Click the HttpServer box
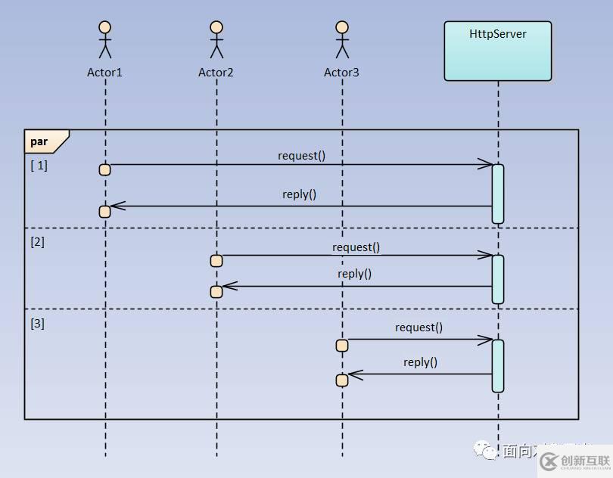tap(497, 51)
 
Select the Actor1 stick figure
tap(105, 39)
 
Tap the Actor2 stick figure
tap(216, 39)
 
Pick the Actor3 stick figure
tap(342, 39)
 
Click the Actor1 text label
tap(104, 73)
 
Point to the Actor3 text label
tap(341, 73)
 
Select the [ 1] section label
tap(39, 166)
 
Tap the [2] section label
tap(37, 243)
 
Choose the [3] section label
tap(37, 324)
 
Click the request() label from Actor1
tap(301, 156)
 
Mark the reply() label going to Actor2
tap(354, 274)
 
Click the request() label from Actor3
tap(419, 327)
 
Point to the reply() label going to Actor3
tap(420, 362)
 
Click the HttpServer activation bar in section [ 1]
tap(497, 194)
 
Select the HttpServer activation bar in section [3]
tap(497, 365)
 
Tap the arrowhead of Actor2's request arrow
tap(486, 256)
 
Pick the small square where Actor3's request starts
tap(342, 346)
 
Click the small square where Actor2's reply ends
tap(216, 291)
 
